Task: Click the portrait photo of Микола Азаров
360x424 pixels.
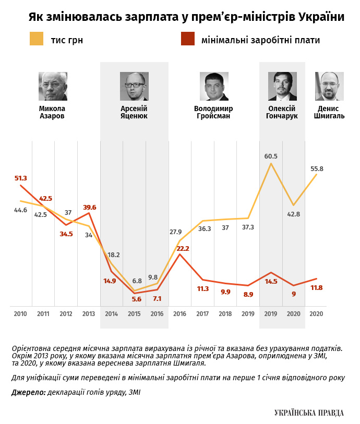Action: pos(53,86)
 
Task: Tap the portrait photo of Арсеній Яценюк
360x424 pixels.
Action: pos(134,86)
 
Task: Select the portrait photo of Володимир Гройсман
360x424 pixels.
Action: pos(214,86)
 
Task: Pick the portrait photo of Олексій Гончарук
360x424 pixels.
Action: pos(282,86)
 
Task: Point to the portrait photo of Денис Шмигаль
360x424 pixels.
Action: pos(329,86)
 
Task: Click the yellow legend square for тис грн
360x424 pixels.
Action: pos(37,39)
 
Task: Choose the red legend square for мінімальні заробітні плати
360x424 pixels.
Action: pos(187,39)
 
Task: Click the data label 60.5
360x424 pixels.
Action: pos(271,156)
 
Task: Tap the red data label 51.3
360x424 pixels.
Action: pos(20,178)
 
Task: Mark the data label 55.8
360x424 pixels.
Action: pos(317,168)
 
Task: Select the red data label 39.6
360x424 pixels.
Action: pos(90,207)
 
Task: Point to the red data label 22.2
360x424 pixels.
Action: pos(183,248)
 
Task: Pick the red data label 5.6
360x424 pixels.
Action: pos(137,299)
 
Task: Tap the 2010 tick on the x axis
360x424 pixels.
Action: pos(20,314)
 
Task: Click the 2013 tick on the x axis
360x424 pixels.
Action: pos(89,314)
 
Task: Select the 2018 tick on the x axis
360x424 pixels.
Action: pos(225,314)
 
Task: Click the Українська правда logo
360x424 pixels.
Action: pos(309,413)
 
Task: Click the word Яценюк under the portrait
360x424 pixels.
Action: pos(134,116)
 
